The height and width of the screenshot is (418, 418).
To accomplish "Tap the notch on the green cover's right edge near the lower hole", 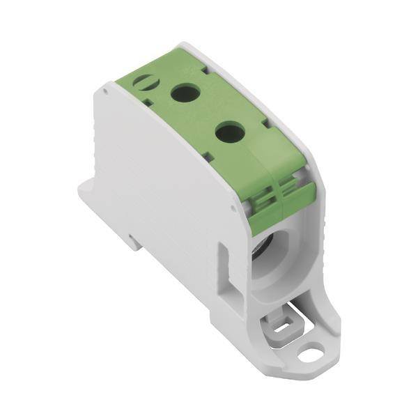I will point(265,124).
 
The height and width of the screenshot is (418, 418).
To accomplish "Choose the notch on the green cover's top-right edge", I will point(209,67).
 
